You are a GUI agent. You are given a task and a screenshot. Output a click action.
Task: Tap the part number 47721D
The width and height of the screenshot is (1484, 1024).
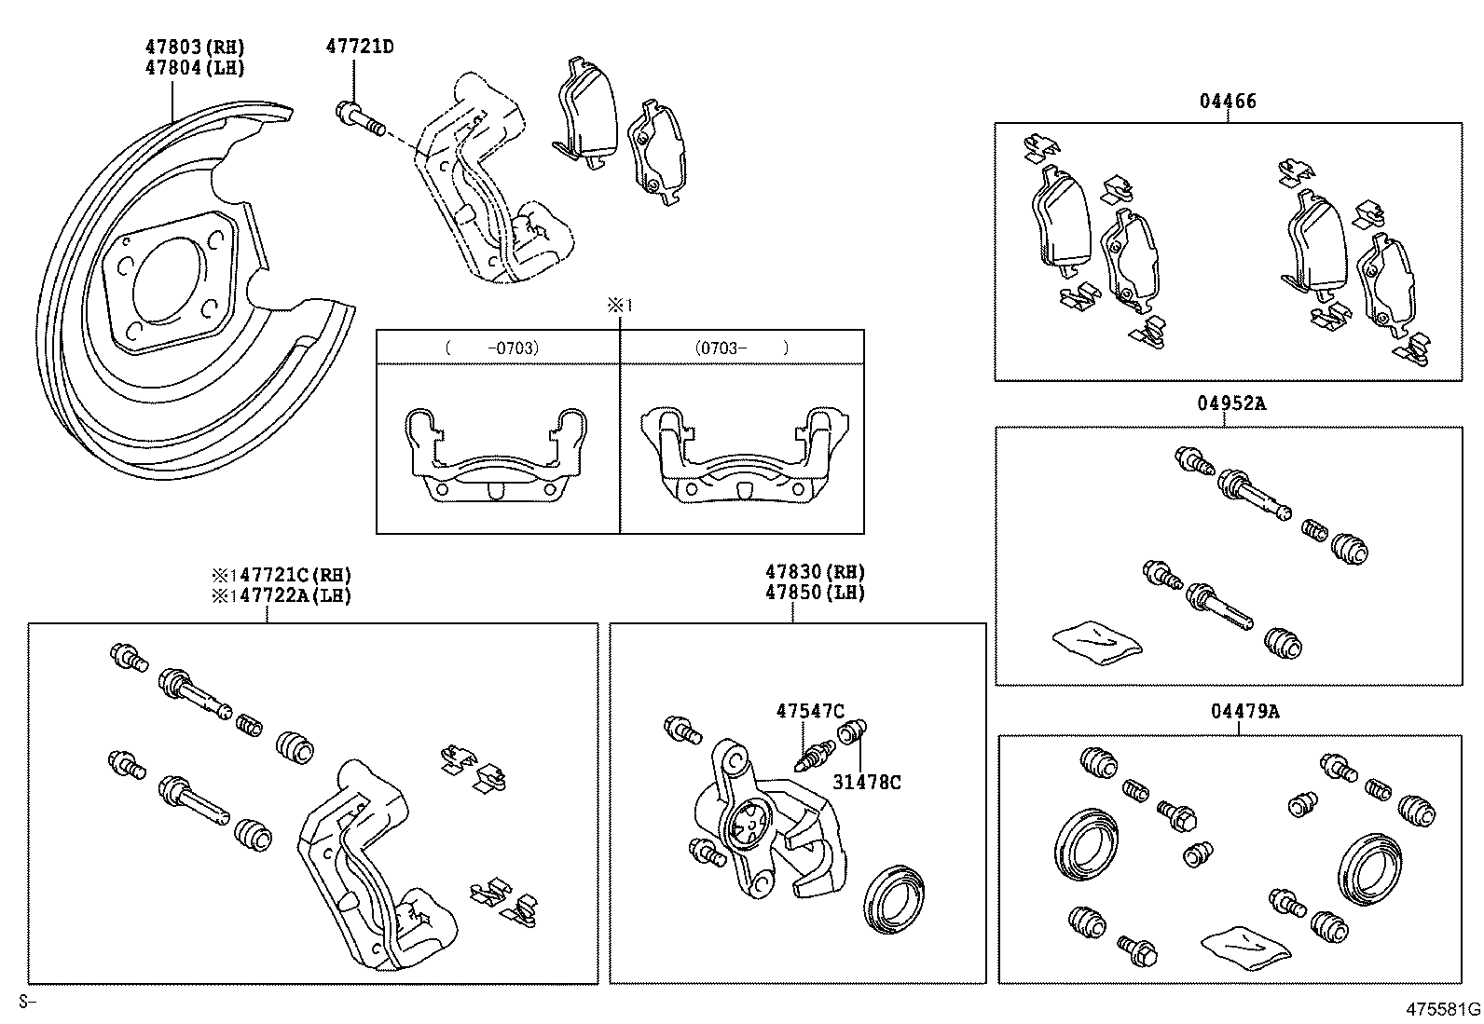359,46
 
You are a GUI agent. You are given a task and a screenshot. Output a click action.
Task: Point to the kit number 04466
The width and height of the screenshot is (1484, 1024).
1227,101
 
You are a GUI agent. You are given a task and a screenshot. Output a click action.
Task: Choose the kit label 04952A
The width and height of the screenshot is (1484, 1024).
1231,403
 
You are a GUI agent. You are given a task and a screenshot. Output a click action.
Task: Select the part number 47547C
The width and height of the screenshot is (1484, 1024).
810,711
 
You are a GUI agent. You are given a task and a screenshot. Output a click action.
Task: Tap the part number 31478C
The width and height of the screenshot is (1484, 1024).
866,782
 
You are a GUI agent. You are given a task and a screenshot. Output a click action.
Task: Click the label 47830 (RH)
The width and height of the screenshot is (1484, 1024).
815,572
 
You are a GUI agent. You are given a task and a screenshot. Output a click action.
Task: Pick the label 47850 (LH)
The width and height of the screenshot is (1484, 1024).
815,593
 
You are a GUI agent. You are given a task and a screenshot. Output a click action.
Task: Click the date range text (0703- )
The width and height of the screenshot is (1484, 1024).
742,348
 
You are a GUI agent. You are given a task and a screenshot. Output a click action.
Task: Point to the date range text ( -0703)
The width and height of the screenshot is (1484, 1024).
492,348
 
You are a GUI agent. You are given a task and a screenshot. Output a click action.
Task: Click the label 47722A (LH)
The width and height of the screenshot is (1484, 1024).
282,595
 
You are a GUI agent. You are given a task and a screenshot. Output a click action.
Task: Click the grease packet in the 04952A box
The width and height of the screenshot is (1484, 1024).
1096,642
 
